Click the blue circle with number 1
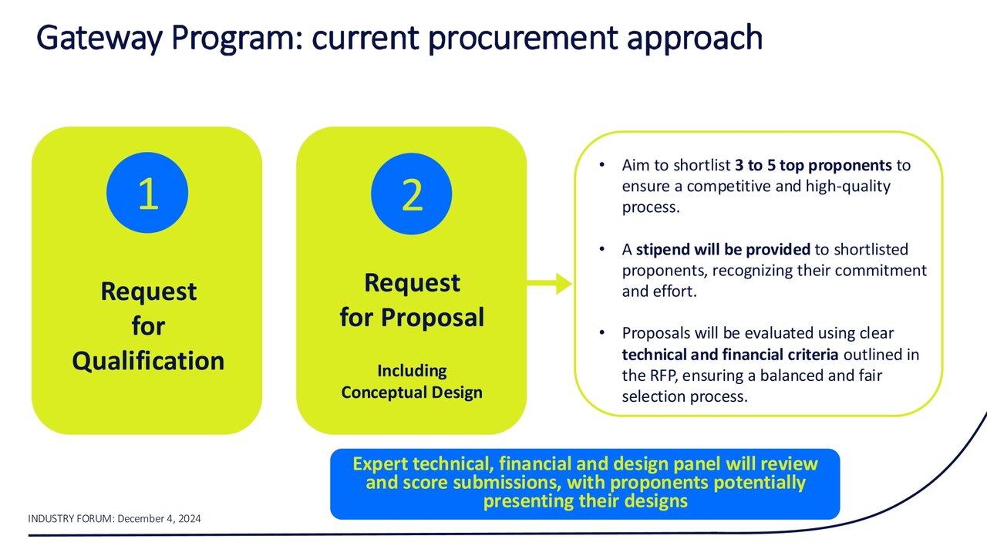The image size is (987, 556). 147,195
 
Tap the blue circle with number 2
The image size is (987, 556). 412,195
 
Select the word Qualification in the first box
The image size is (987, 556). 147,361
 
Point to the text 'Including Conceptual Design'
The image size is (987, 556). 412,381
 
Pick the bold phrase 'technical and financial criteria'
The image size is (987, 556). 730,355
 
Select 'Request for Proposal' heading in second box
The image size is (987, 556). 412,300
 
